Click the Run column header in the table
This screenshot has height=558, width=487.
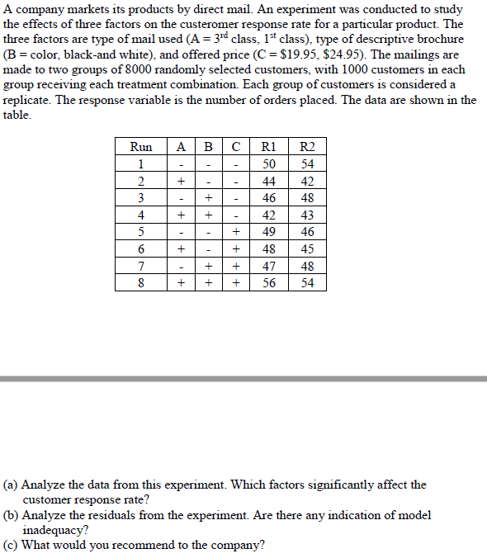(141, 147)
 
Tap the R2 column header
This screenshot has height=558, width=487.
(308, 147)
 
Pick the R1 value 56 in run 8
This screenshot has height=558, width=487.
(268, 282)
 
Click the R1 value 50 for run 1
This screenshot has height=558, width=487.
(268, 164)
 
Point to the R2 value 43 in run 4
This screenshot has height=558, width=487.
(308, 215)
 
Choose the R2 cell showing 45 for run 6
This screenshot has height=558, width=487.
(308, 248)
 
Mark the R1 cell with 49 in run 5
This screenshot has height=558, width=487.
(268, 232)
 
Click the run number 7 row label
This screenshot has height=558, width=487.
(141, 266)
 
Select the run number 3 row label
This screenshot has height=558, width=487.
(141, 198)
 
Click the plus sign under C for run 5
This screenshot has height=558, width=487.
(236, 232)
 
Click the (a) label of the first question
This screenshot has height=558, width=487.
(12, 485)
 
